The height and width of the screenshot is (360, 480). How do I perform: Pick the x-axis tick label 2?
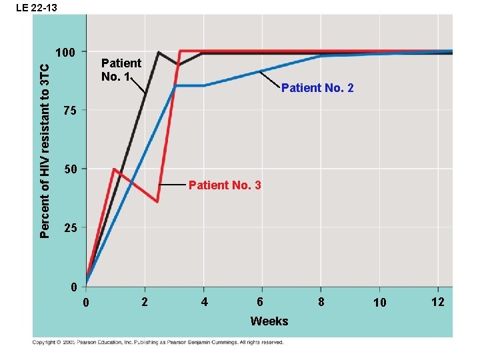[x=145, y=303]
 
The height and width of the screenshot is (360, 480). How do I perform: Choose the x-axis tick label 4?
[x=204, y=303]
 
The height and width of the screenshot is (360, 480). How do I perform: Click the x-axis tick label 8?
[x=321, y=303]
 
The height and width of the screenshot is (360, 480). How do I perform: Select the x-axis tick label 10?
[x=379, y=303]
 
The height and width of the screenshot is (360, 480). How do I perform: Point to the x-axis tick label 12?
[x=438, y=303]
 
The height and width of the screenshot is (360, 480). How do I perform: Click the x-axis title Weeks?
[x=269, y=321]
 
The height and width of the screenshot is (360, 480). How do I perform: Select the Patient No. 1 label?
[x=121, y=70]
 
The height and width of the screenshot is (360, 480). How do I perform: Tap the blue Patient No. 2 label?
[x=317, y=88]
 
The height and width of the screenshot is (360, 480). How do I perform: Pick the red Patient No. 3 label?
[x=225, y=185]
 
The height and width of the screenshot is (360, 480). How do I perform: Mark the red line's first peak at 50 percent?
[x=115, y=169]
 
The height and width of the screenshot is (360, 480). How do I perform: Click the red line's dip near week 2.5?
[x=158, y=201]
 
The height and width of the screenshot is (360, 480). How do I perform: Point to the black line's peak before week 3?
[x=158, y=52]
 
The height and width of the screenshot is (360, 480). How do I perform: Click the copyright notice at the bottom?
[x=158, y=343]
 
